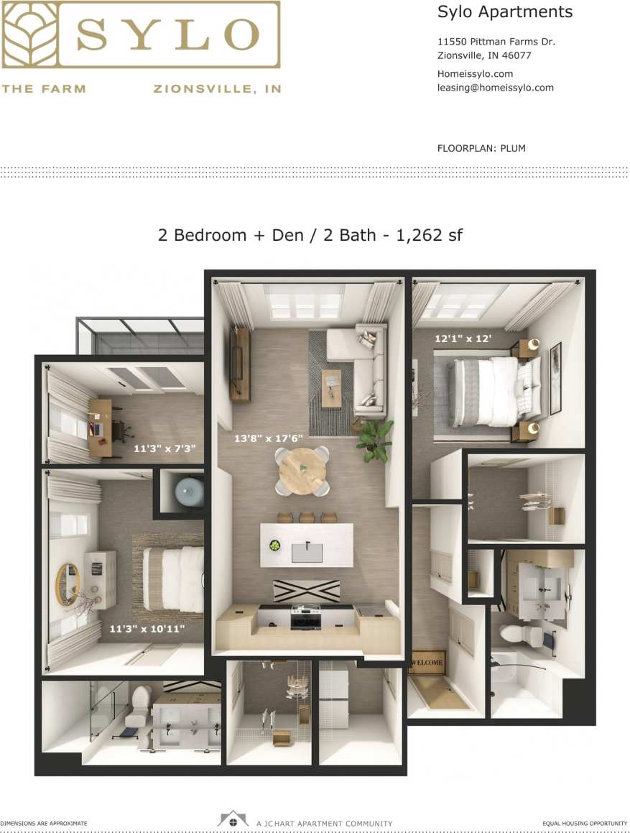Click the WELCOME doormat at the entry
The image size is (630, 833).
point(427,661)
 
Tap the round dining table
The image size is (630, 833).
point(302,471)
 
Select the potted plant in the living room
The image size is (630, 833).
point(376,440)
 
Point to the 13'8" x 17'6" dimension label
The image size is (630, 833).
point(269,438)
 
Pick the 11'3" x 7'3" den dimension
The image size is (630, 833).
point(165,448)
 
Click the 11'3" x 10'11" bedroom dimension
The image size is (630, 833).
point(147,629)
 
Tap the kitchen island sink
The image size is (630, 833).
point(307,552)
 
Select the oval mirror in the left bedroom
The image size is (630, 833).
point(68,584)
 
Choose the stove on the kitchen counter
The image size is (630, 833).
point(305,616)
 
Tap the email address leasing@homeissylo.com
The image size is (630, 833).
point(495,88)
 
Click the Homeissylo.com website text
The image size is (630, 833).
point(475,73)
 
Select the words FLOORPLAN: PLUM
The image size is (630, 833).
point(481,149)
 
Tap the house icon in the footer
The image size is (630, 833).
point(233,820)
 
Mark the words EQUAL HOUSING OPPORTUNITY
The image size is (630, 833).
point(585,823)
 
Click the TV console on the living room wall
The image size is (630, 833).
point(240,364)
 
